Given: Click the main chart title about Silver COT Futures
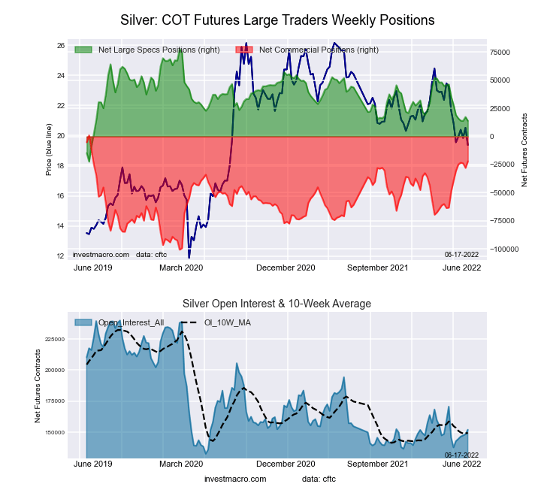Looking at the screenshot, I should (x=277, y=19).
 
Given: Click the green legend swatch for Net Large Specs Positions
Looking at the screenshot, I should (x=83, y=50).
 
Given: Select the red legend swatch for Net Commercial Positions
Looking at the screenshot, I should (x=244, y=50).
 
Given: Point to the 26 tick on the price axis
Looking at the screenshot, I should (x=60, y=46).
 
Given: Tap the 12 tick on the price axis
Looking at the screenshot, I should (x=60, y=256).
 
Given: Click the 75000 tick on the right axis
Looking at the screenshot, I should (x=501, y=52).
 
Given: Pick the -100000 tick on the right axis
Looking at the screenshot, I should (x=503, y=249).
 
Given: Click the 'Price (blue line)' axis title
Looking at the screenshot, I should (x=49, y=150).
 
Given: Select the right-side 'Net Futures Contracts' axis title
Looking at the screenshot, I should (x=524, y=150).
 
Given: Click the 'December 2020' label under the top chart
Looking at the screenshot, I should (x=286, y=267).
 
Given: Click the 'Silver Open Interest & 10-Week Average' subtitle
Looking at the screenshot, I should (x=277, y=304).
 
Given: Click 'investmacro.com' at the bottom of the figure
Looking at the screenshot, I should (x=235, y=479).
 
